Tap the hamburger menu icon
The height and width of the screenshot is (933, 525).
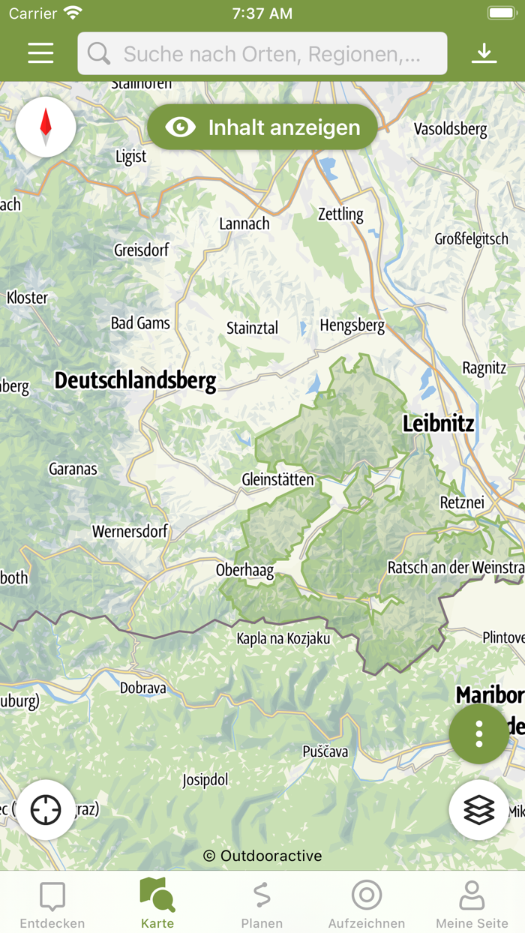tap(40, 52)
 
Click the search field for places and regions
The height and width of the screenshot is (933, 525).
tap(262, 53)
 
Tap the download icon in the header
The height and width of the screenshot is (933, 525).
tap(484, 52)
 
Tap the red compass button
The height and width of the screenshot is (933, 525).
tap(46, 127)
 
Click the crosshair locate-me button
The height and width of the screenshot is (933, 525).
tap(46, 810)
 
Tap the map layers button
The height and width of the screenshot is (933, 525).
tap(478, 810)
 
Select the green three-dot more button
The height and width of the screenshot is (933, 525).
tap(478, 733)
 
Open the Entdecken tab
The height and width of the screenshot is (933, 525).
tap(52, 904)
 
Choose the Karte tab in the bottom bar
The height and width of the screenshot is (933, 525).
tap(157, 904)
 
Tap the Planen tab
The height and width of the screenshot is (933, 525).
tap(262, 904)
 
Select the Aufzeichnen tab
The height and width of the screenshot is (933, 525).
tap(367, 904)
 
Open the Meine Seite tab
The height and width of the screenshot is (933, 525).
tap(472, 904)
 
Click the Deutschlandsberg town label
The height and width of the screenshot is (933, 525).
tap(135, 381)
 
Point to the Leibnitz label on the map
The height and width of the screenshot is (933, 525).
tap(438, 424)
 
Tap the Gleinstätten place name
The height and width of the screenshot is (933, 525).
tap(277, 479)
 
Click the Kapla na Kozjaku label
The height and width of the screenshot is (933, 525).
tap(283, 639)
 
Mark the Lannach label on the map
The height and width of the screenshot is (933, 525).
tap(244, 223)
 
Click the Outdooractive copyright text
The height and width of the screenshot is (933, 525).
tap(262, 856)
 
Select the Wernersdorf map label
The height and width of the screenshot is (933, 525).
tap(130, 532)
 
